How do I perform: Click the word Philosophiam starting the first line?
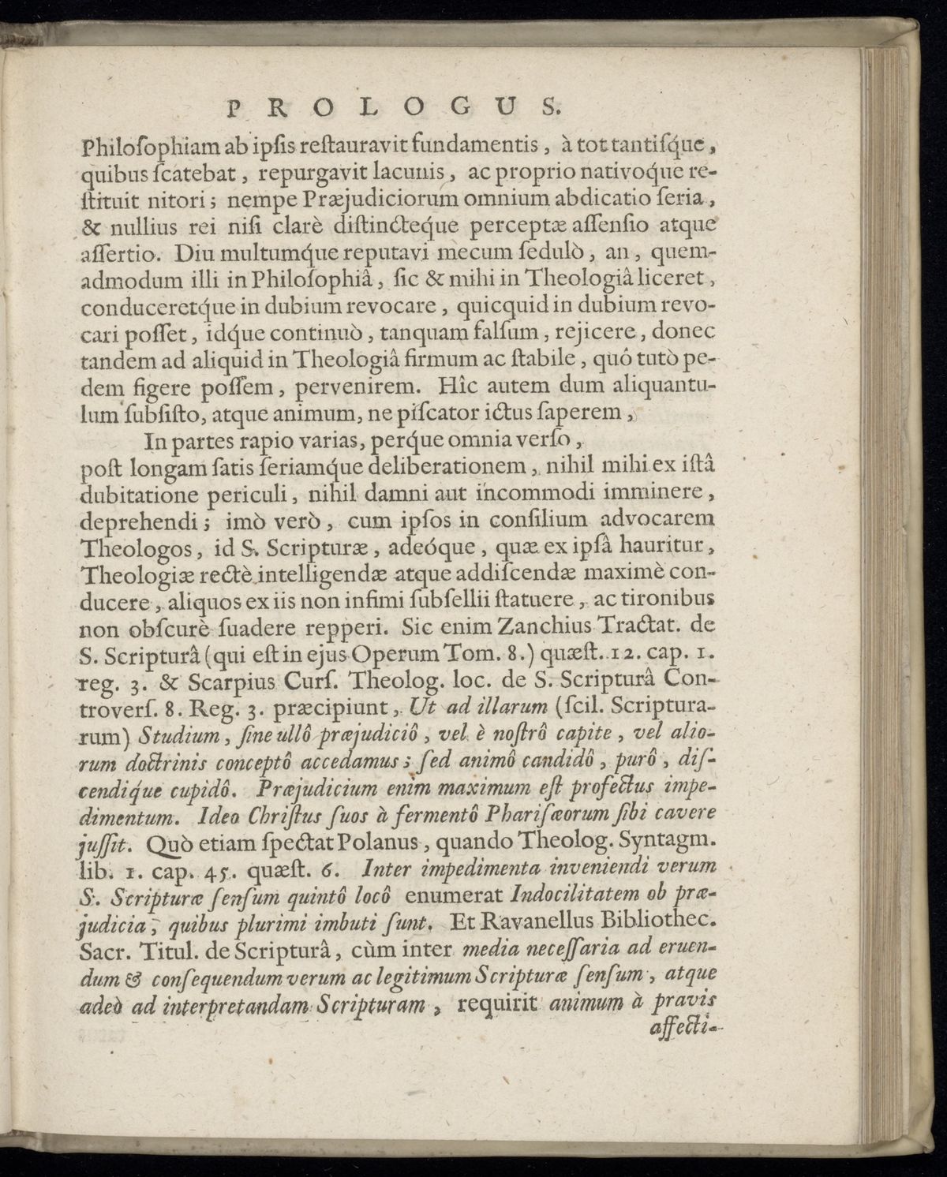pyautogui.click(x=136, y=150)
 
